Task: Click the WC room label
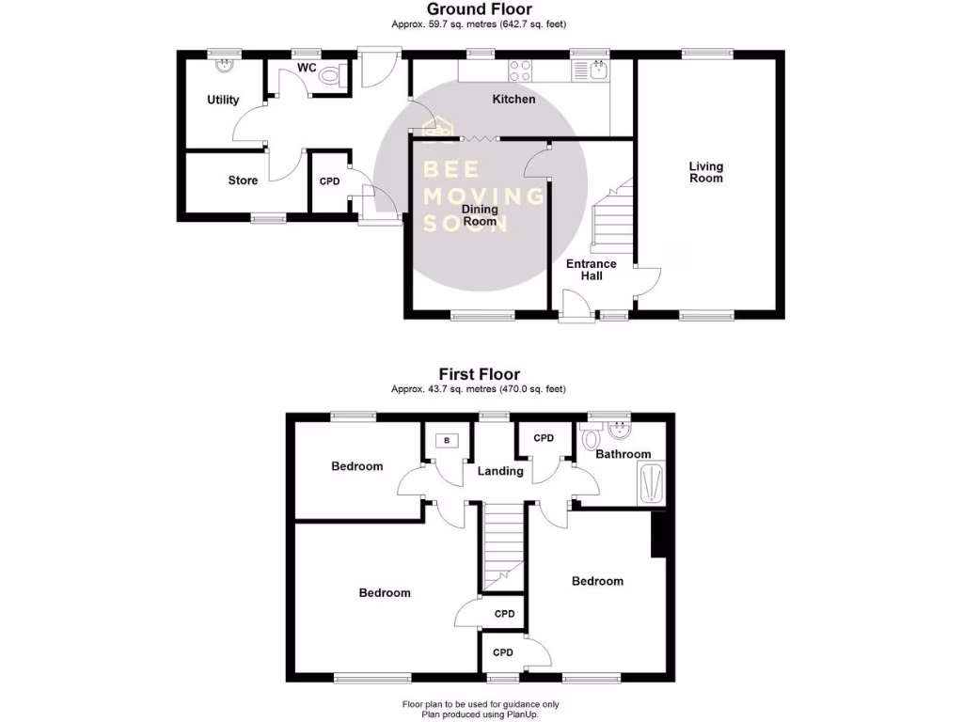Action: [x=307, y=68]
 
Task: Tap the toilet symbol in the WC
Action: [x=331, y=77]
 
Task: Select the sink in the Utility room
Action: [x=225, y=67]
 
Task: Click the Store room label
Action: [x=243, y=180]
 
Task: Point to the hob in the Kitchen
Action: [x=519, y=69]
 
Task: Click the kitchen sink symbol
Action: [x=596, y=69]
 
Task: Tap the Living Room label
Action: [x=706, y=172]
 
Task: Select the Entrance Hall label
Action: [x=591, y=270]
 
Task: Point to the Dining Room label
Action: [x=479, y=214]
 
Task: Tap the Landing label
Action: [x=499, y=471]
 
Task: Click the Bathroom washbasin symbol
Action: [x=620, y=432]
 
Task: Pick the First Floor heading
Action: [x=480, y=374]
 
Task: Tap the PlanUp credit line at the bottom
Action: [x=481, y=714]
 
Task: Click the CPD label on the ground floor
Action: [x=329, y=181]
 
